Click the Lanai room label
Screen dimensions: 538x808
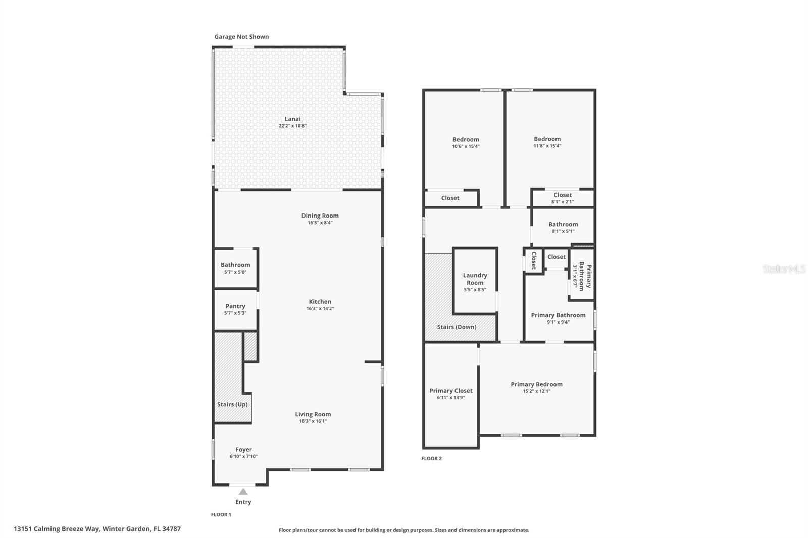point(292,119)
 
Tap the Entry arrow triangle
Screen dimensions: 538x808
point(243,492)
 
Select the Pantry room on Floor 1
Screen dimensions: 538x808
point(235,309)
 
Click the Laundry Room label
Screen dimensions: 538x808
point(475,279)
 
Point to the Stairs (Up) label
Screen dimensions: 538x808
point(232,404)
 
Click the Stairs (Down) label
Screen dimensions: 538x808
point(457,327)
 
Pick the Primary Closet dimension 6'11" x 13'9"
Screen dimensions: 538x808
point(450,398)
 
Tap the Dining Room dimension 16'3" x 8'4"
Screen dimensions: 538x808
point(320,223)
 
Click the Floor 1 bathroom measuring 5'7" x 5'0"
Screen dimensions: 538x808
point(235,268)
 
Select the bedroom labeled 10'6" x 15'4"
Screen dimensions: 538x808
point(466,143)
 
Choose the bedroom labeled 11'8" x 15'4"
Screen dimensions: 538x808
point(547,142)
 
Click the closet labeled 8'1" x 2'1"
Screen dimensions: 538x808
point(562,198)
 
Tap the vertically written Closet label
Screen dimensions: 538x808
point(533,260)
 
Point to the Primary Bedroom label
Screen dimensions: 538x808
point(536,384)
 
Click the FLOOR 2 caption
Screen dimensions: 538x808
point(431,459)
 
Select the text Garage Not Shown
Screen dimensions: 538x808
point(241,37)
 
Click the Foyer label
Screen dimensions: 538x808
point(243,450)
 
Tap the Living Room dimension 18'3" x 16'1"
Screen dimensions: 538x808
point(313,421)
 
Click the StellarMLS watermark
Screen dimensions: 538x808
point(784,269)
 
